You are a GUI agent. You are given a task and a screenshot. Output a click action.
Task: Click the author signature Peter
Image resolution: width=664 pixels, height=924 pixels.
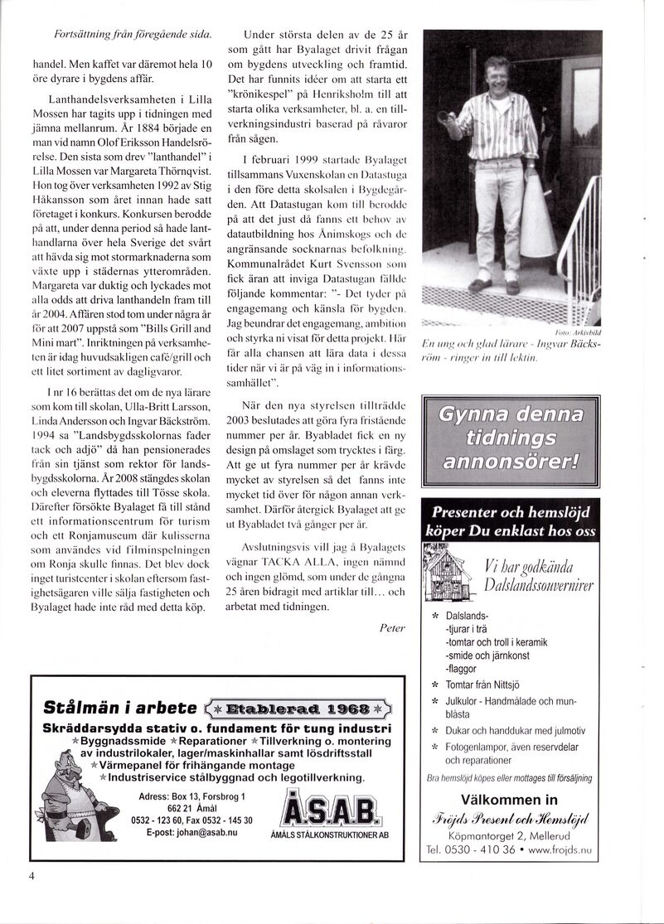tap(391, 628)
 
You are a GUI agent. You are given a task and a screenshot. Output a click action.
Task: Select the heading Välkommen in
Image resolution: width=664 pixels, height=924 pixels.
tap(510, 800)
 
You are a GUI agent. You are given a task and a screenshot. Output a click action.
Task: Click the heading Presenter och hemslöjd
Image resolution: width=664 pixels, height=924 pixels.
tap(512, 512)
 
